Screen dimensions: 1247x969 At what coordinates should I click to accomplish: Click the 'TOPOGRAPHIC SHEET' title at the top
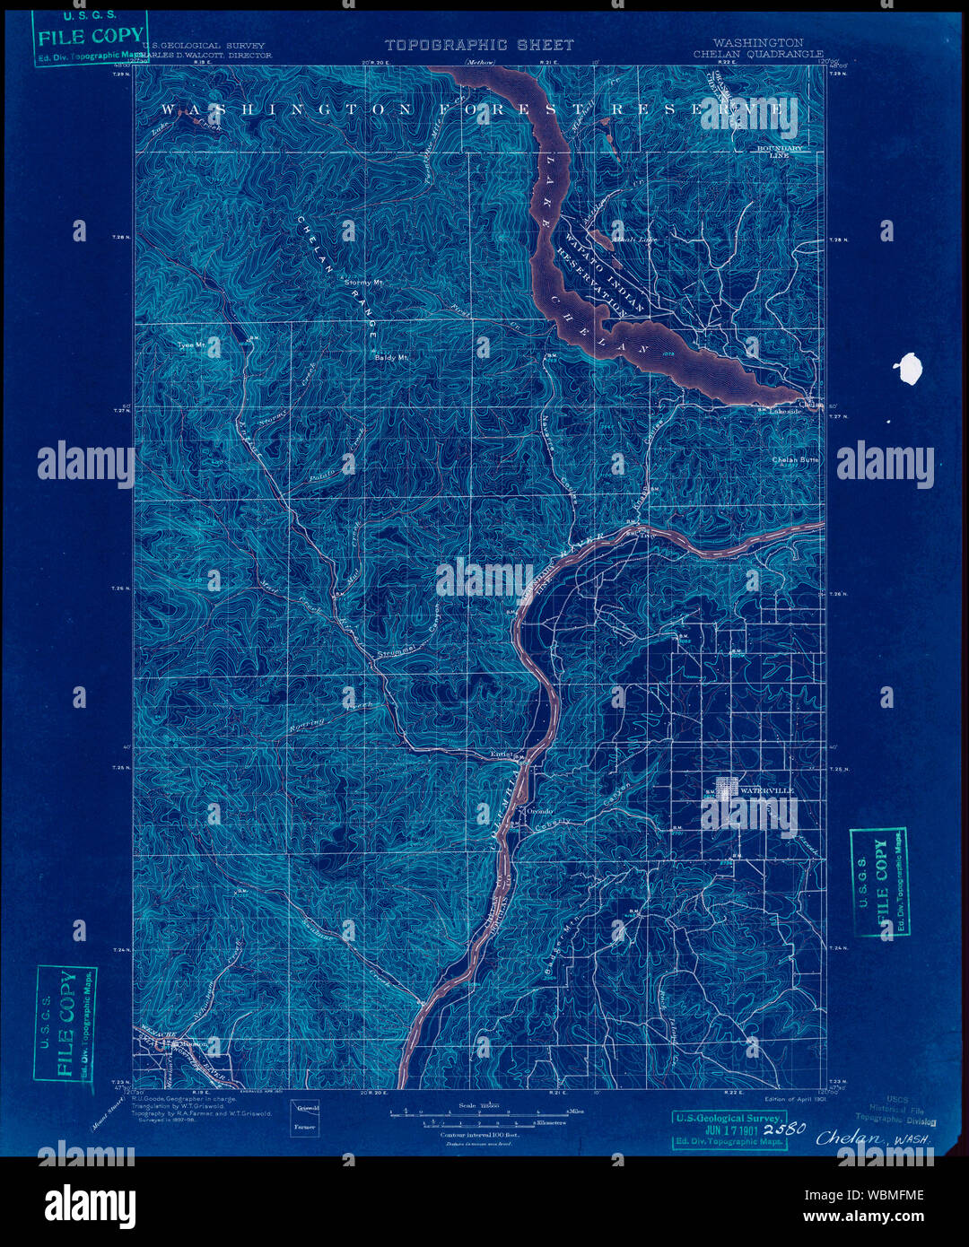tap(479, 45)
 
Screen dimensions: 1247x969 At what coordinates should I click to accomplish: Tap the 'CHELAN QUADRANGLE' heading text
tap(758, 54)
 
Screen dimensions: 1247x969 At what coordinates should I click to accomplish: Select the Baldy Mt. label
tap(391, 357)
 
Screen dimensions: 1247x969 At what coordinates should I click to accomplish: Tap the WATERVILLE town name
tap(767, 790)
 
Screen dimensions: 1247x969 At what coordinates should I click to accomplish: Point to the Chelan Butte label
tap(796, 460)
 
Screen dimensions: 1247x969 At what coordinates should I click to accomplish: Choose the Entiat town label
tap(501, 754)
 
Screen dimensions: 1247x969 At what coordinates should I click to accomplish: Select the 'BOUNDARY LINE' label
tap(780, 152)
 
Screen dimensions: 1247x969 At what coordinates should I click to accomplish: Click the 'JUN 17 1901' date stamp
tap(729, 1129)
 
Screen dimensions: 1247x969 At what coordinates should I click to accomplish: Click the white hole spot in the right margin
tap(909, 369)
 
